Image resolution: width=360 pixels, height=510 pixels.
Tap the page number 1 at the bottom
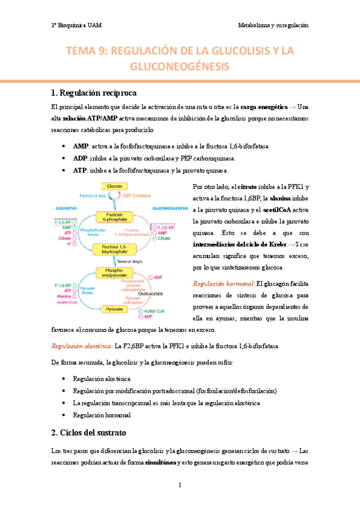click(x=180, y=485)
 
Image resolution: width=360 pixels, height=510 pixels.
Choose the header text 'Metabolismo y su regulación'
click(x=273, y=26)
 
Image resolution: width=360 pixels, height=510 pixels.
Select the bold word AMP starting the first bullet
click(x=80, y=146)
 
